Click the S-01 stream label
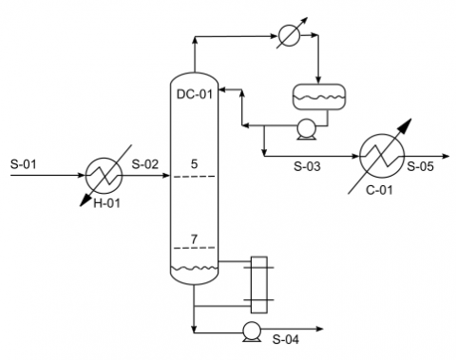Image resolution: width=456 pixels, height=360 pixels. click(x=23, y=163)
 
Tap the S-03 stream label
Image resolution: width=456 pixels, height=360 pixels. click(x=308, y=168)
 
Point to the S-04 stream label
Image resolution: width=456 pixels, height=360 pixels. click(x=286, y=339)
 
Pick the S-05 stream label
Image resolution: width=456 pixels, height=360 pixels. click(x=420, y=168)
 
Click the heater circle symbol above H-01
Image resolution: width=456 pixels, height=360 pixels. click(x=101, y=175)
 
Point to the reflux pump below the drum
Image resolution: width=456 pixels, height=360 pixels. click(x=306, y=130)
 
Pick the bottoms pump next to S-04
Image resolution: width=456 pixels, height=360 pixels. click(x=252, y=332)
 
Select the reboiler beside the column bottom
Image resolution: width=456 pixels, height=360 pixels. click(x=256, y=283)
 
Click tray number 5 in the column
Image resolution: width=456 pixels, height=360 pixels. click(x=194, y=163)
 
